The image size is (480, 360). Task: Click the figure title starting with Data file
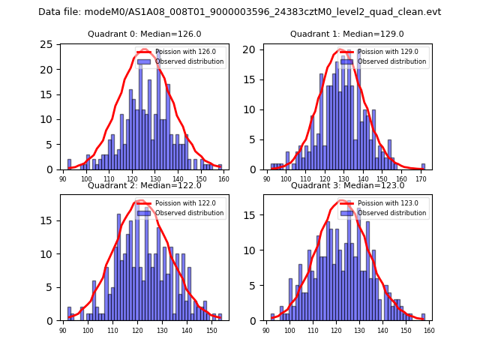(239, 12)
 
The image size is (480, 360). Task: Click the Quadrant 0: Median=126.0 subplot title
(145, 34)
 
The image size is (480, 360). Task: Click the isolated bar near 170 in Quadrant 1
(423, 166)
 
